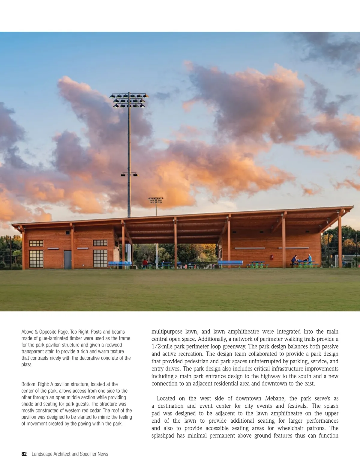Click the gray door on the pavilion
coord(68,260)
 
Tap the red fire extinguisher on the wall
coord(272,257)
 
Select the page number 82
coord(24,454)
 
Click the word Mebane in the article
coord(276,398)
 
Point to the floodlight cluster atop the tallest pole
coord(129,100)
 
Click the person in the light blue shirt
coord(310,259)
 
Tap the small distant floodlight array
coord(156,200)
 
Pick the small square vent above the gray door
coord(67,233)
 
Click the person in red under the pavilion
coord(145,263)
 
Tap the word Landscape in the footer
coord(42,454)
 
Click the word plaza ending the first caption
coord(26,364)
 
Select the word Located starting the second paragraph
coord(166,398)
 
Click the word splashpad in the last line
coord(163,436)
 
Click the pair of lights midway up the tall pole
coord(129,174)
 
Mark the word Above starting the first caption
coord(27,332)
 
